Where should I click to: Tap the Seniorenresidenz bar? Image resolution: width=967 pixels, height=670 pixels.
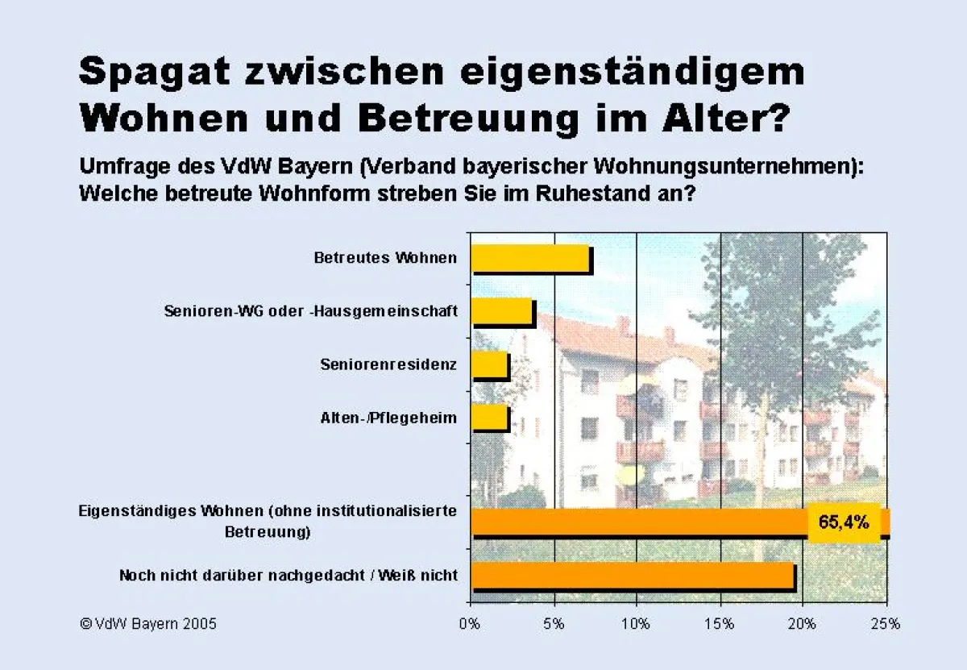pyautogui.click(x=489, y=365)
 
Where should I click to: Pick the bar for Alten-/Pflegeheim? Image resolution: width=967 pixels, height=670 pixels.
pyautogui.click(x=489, y=418)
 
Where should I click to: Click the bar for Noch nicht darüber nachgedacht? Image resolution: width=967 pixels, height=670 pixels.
pyautogui.click(x=632, y=576)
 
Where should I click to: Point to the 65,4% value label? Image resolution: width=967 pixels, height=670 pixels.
pyautogui.click(x=844, y=522)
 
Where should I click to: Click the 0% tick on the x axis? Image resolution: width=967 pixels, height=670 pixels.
pyautogui.click(x=469, y=623)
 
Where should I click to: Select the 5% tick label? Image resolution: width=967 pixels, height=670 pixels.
pyautogui.click(x=553, y=623)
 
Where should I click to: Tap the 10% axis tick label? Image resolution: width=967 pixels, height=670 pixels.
pyautogui.click(x=636, y=623)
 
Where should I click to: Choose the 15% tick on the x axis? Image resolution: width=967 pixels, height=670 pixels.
pyautogui.click(x=719, y=623)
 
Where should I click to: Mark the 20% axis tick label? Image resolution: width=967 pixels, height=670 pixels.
pyautogui.click(x=803, y=623)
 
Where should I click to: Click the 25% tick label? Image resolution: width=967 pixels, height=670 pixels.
pyautogui.click(x=886, y=623)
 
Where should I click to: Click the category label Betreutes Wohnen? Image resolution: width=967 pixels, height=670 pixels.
pyautogui.click(x=385, y=258)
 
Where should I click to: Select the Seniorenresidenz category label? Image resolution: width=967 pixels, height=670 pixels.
pyautogui.click(x=388, y=364)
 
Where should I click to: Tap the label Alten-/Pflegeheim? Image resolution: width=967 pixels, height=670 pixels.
pyautogui.click(x=388, y=418)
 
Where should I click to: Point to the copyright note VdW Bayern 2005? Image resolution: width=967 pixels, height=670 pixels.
pyautogui.click(x=148, y=623)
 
